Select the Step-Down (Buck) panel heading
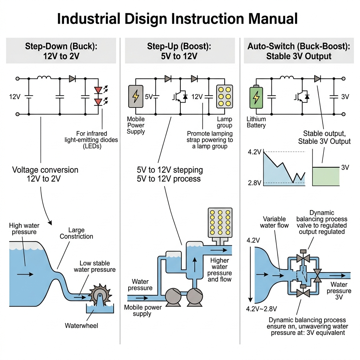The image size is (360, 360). [x=61, y=51]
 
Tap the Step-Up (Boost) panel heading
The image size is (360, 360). [x=180, y=51]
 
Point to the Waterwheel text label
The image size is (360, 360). [x=82, y=326]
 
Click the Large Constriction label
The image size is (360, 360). [x=76, y=233]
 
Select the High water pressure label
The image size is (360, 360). [x=25, y=229]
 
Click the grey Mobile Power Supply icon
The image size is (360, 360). [x=136, y=96]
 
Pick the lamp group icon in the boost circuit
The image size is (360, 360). [x=224, y=96]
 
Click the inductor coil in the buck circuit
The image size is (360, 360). [x=44, y=77]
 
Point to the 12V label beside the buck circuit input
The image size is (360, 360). [x=15, y=96]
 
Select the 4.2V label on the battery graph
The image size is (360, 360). [x=255, y=152]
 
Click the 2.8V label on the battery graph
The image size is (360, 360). [x=255, y=183]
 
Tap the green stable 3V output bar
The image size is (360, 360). [x=326, y=176]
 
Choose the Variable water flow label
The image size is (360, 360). [x=274, y=222]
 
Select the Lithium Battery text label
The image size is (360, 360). [x=256, y=122]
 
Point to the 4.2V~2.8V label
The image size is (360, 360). [x=262, y=309]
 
